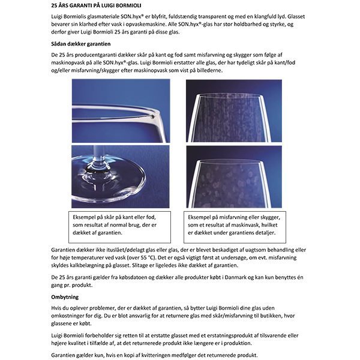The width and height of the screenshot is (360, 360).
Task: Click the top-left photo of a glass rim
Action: (x=120, y=110)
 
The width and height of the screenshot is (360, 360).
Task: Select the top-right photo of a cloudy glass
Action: (x=233, y=110)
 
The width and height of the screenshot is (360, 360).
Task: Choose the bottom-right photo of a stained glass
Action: (x=233, y=176)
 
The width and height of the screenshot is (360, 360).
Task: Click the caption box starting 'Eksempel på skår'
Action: (x=120, y=225)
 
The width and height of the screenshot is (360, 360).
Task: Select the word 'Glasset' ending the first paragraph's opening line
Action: (x=299, y=17)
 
